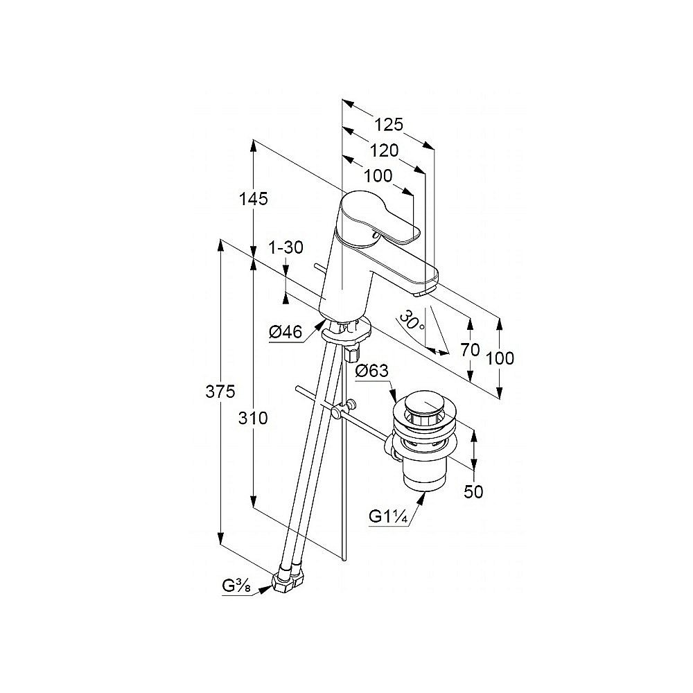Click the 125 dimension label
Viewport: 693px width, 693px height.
389,124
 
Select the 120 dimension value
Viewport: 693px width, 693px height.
384,150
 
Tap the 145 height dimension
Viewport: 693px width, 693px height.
253,199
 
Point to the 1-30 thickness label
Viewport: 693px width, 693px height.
286,247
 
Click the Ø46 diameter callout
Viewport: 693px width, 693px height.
286,331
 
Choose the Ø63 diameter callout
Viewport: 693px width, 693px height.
372,370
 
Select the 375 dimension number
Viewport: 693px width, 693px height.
220,391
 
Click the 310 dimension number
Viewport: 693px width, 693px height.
253,418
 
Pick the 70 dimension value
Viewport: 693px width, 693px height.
470,350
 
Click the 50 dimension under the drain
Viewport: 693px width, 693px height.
473,491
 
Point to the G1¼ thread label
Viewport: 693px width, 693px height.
387,516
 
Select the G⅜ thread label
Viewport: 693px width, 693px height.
236,586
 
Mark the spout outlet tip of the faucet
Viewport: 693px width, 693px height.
426,292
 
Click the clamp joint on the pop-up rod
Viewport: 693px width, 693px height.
343,410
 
